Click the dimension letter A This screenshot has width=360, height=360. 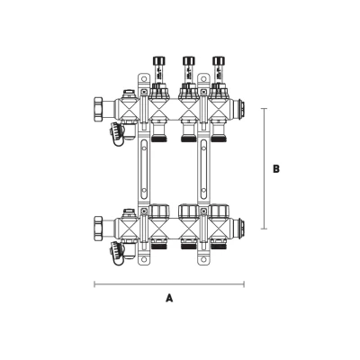click(x=169, y=298)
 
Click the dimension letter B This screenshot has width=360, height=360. click(x=276, y=169)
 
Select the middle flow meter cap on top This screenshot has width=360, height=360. click(x=188, y=61)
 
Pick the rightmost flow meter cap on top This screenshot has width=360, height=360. click(x=218, y=61)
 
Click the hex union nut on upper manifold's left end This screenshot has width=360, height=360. click(x=99, y=109)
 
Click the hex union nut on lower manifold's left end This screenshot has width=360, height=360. click(x=99, y=228)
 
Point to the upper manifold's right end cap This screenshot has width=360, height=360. click(x=239, y=109)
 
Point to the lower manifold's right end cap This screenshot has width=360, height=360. click(x=239, y=228)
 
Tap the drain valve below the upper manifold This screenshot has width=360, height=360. click(x=117, y=133)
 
